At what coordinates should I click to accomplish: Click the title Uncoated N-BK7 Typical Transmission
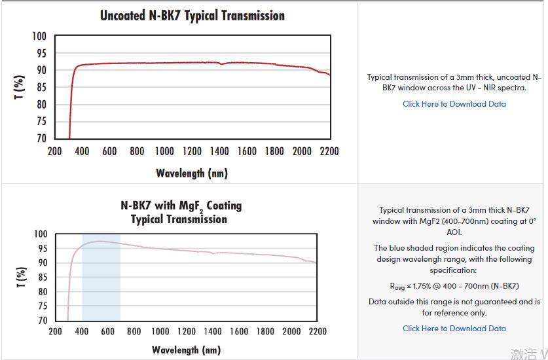click(x=192, y=15)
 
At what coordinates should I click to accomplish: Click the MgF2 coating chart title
click(x=181, y=212)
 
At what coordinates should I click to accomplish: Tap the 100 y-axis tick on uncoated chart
click(x=39, y=36)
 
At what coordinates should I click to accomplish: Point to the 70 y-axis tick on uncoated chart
click(x=41, y=138)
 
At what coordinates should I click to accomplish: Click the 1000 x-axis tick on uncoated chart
click(x=164, y=152)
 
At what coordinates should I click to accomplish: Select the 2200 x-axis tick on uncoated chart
click(x=329, y=152)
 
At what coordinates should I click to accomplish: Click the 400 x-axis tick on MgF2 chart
click(x=82, y=331)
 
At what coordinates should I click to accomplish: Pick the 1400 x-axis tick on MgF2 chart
click(x=213, y=331)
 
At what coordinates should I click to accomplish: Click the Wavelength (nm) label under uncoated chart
click(x=192, y=173)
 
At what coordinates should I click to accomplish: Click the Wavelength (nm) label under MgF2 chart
click(x=186, y=350)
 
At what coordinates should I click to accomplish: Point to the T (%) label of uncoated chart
click(x=20, y=88)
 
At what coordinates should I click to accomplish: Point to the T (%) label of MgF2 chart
click(x=20, y=277)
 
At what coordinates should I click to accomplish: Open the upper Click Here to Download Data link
click(x=454, y=103)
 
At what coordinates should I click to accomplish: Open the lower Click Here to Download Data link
click(x=454, y=329)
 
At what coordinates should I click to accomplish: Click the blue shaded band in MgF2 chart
click(x=101, y=288)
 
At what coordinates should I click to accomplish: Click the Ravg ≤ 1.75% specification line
click(x=454, y=286)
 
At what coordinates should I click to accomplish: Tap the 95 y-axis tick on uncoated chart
click(x=41, y=53)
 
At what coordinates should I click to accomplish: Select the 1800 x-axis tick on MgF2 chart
click(x=265, y=331)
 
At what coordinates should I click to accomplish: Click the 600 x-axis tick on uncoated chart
click(x=109, y=152)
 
